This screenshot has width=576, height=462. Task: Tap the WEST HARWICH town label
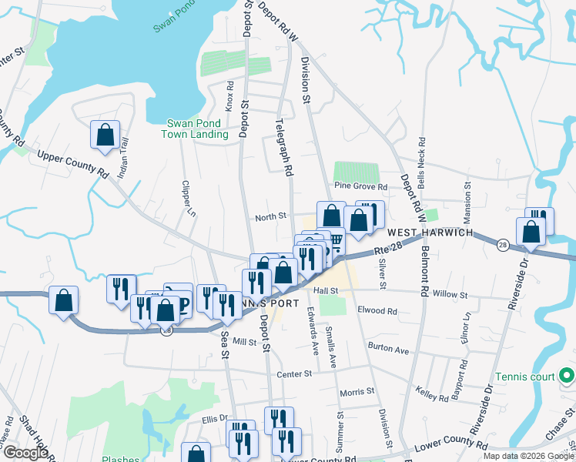[x=427, y=233]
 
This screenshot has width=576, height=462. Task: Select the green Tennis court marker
[x=567, y=377]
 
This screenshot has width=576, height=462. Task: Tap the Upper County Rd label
[x=72, y=162]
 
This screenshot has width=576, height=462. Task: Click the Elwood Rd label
[x=377, y=311]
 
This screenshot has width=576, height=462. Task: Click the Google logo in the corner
[x=25, y=453]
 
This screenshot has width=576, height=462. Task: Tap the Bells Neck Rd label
[x=422, y=157]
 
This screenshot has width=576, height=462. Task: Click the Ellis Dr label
[x=216, y=419]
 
